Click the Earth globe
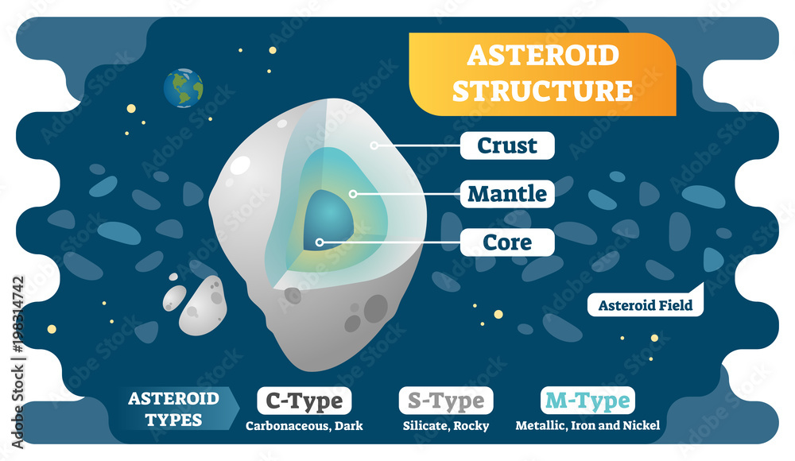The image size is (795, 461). pyautogui.click(x=183, y=87)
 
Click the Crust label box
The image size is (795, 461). pyautogui.click(x=507, y=145)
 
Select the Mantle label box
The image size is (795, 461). pyautogui.click(x=507, y=194)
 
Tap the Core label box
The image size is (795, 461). pyautogui.click(x=507, y=242)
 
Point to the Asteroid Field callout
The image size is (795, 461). pyautogui.click(x=646, y=304)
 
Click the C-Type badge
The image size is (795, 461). pyautogui.click(x=304, y=401)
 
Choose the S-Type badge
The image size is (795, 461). pyautogui.click(x=446, y=401)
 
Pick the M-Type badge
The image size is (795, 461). pyautogui.click(x=588, y=401)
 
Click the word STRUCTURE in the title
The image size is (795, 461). pyautogui.click(x=542, y=91)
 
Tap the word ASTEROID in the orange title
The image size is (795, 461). pyautogui.click(x=543, y=55)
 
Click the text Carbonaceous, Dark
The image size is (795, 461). pyautogui.click(x=304, y=426)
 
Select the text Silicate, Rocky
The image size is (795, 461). pyautogui.click(x=446, y=426)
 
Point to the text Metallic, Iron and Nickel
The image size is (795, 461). pyautogui.click(x=588, y=425)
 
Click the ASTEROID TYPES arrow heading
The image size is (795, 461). pyautogui.click(x=176, y=409)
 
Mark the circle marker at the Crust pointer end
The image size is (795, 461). pyautogui.click(x=374, y=145)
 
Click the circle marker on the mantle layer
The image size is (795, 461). pyautogui.click(x=354, y=194)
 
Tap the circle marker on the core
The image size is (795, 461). pyautogui.click(x=320, y=242)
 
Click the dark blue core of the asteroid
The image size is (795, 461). pyautogui.click(x=328, y=217)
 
